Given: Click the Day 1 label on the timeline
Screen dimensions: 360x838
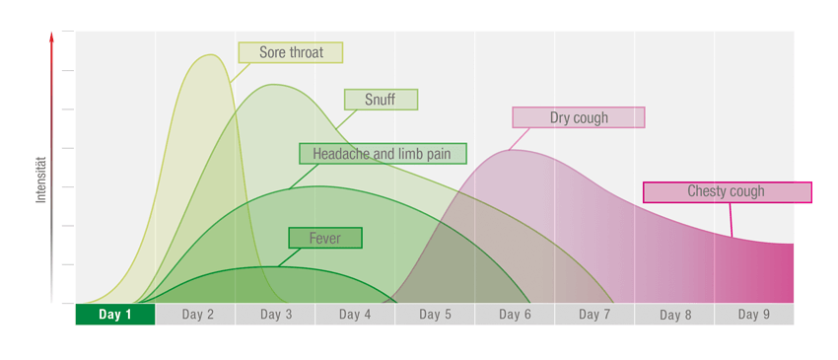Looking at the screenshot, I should point(114,315).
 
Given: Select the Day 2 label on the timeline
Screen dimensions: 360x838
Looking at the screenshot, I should point(197,315).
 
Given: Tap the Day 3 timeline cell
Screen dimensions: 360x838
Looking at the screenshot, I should point(276,315).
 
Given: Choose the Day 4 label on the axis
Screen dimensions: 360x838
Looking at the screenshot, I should point(355,315).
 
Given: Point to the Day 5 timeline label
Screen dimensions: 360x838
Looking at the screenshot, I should point(435,315).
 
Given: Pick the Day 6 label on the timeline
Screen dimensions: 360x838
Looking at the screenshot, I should point(515,315).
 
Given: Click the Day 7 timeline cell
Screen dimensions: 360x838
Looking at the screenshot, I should point(594,315).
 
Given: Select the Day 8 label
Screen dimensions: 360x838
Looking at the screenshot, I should point(674,315).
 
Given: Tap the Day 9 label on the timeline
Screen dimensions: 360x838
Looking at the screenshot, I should point(754,315).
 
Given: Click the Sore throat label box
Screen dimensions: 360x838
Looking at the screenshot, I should point(291,52).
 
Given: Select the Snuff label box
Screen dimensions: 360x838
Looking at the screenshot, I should point(381,100).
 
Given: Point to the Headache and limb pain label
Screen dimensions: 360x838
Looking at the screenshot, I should point(383,154).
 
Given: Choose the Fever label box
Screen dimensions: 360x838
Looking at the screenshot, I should point(325,238).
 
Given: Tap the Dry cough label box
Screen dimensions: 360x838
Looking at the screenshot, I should point(579,117).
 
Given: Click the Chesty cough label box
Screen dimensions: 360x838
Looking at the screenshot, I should point(727,192).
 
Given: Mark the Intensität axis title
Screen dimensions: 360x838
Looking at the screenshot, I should point(41,180).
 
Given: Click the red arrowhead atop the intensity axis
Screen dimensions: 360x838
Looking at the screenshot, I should point(52,37).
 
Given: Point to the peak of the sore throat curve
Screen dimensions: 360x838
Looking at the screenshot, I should point(210,55).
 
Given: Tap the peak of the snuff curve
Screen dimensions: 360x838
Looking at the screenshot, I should point(273,85).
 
